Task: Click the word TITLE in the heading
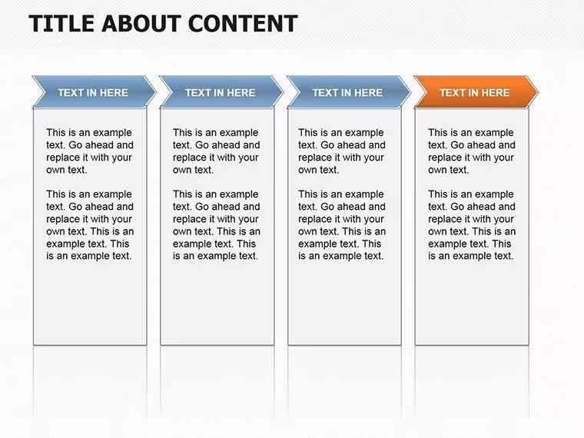[61, 24]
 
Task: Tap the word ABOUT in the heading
[141, 24]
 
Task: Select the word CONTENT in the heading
[244, 24]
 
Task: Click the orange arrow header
[476, 92]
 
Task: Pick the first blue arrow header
[94, 92]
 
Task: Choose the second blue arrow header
[221, 92]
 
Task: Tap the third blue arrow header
[349, 92]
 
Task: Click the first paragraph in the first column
[90, 151]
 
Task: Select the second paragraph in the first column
[90, 225]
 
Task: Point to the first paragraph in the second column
[217, 151]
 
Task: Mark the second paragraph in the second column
[217, 225]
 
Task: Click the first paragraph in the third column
[342, 151]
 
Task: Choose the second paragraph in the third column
[342, 225]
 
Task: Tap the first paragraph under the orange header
[472, 151]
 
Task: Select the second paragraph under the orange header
[472, 225]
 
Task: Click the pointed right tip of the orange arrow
[538, 92]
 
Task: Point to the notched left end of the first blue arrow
[45, 92]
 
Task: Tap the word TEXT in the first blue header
[71, 93]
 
